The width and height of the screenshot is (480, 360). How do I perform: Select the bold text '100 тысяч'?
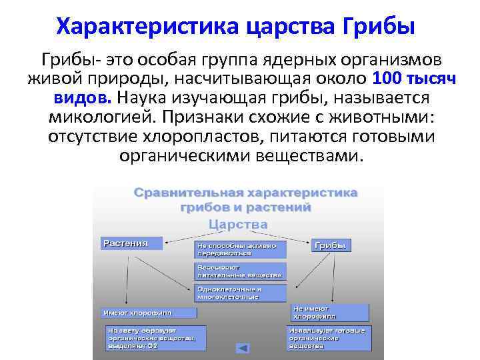coord(414,78)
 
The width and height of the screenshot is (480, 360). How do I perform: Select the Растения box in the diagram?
coord(131,243)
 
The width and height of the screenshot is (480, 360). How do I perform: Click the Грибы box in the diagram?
coord(329,245)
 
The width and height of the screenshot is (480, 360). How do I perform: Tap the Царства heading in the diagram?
coord(239,225)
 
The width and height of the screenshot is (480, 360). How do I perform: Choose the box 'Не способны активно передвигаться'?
coord(241,249)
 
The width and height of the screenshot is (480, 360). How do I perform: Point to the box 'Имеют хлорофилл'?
coord(149,312)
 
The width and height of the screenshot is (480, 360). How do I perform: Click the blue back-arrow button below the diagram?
coord(243,348)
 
